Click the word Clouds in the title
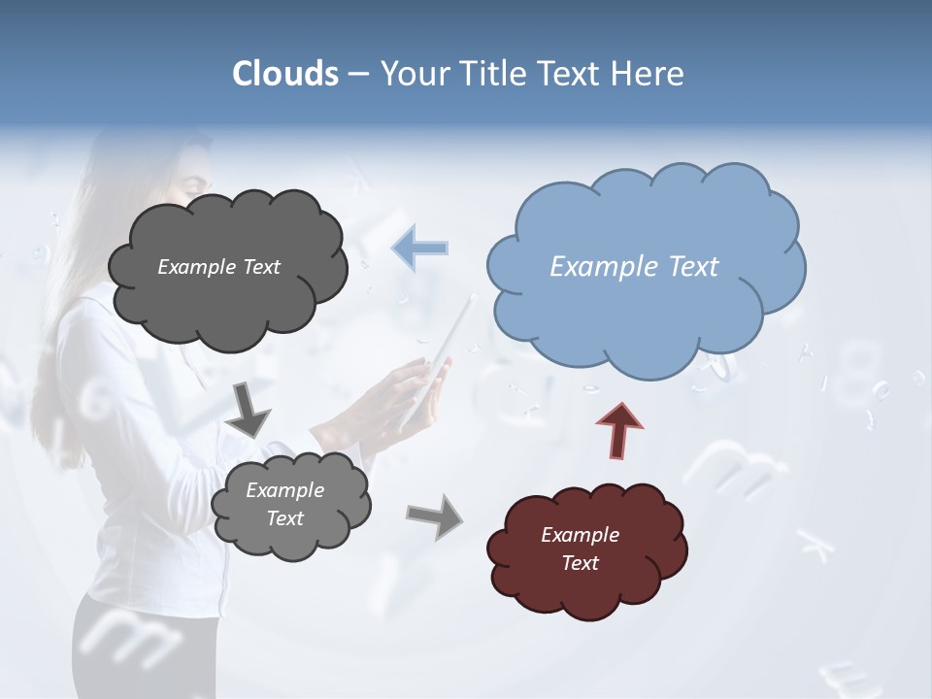(284, 74)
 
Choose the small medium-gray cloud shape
(291, 539)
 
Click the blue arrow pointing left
(420, 248)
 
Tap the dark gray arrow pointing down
(249, 409)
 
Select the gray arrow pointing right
(435, 516)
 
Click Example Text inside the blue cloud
(634, 267)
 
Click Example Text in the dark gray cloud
(218, 267)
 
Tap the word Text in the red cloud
(580, 563)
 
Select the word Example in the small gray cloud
(284, 491)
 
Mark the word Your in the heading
(411, 74)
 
